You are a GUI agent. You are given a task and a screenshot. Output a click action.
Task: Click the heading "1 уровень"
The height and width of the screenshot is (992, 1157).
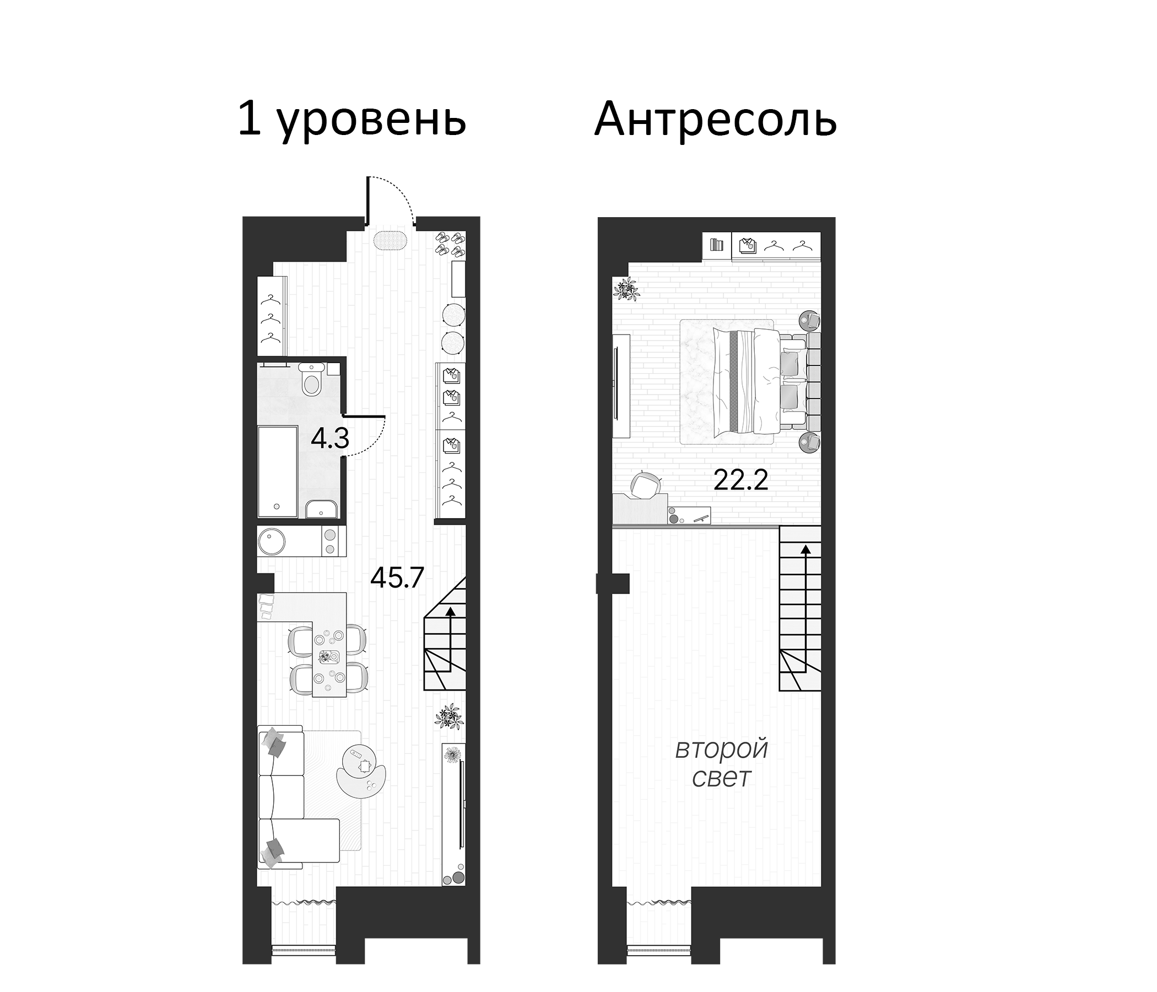(352, 120)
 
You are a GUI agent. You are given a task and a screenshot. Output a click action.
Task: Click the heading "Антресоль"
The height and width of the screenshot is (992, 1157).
(715, 120)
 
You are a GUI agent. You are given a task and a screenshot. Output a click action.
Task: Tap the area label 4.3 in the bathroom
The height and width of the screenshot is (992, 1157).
(330, 439)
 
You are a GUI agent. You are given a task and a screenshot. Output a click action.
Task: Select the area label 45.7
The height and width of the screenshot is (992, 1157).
(398, 578)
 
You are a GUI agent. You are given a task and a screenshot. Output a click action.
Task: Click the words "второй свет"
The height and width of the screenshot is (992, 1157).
(721, 763)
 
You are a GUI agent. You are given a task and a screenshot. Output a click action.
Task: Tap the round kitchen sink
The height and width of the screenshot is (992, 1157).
(272, 542)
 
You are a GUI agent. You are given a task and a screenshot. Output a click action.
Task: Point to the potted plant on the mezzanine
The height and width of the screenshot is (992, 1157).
(626, 289)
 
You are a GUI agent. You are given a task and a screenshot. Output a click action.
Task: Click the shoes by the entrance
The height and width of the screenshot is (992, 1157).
(450, 244)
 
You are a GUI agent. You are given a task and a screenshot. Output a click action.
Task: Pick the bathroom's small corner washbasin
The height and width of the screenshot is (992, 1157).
(322, 509)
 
